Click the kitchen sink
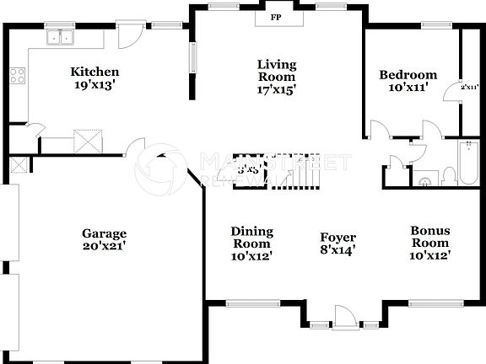tap(60, 36)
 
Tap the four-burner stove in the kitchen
tap(17, 75)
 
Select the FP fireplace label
tap(276, 17)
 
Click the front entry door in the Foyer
tap(343, 318)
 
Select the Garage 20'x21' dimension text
tap(104, 246)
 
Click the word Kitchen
tap(94, 72)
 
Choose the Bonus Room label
tap(429, 237)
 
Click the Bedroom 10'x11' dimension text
tap(408, 87)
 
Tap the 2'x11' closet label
tap(469, 87)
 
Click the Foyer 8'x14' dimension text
tap(337, 249)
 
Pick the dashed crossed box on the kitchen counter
tap(89, 140)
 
